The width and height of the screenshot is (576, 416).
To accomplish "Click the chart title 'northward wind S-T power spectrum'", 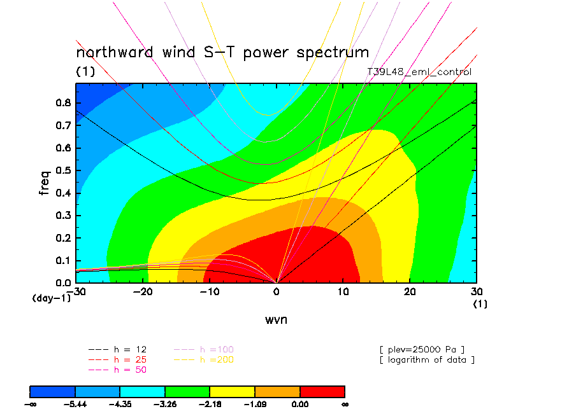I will (222, 52).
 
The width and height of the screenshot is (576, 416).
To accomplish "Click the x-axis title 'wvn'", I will (276, 319).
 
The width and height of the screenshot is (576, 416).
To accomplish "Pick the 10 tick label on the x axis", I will (343, 292).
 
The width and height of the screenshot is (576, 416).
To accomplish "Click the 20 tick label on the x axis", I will (410, 292).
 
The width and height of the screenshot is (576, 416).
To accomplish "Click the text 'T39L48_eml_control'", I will (419, 72).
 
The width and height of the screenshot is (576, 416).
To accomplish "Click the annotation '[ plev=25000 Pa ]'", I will (422, 349).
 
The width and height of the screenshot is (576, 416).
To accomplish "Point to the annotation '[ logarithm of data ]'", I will (427, 359).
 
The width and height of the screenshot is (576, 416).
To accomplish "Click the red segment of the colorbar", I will (322, 391).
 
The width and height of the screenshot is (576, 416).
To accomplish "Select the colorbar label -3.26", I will (165, 404).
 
